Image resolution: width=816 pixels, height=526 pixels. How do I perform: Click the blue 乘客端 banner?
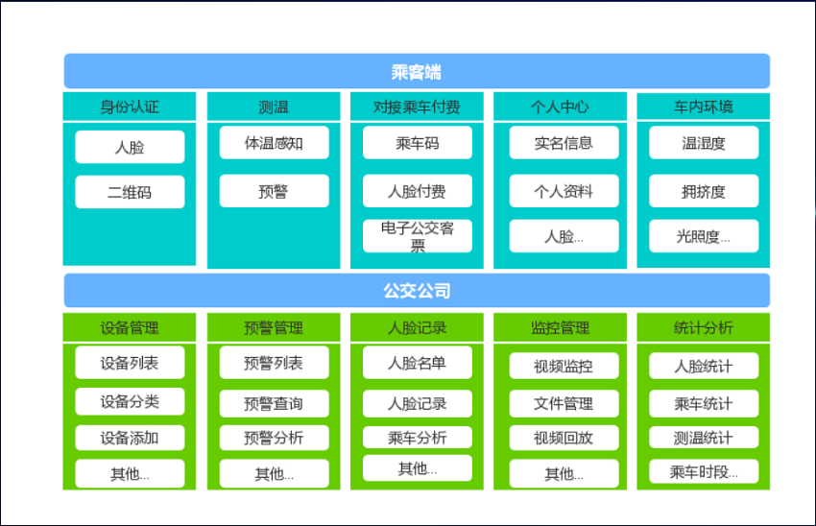tap(417, 71)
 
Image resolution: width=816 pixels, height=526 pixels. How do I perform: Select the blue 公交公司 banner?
tap(417, 290)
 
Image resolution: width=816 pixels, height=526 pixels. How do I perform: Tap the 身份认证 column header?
tap(130, 107)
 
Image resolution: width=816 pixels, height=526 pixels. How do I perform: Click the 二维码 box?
tap(130, 192)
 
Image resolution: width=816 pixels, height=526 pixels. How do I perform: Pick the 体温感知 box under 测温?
tap(275, 143)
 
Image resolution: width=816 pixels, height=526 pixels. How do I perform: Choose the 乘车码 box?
tap(418, 143)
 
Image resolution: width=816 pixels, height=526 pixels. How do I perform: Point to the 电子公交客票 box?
tap(418, 236)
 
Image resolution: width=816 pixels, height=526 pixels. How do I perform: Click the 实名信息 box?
tap(564, 143)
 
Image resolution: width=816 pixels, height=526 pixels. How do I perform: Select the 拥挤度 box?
tap(704, 191)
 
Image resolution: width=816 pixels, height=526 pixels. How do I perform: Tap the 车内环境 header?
tap(704, 107)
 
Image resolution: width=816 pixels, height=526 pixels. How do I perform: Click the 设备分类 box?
tap(130, 401)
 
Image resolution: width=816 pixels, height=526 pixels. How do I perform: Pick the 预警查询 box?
tap(275, 404)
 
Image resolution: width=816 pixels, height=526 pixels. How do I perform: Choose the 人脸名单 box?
tap(418, 363)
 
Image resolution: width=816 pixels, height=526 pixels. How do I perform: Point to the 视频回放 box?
tap(564, 438)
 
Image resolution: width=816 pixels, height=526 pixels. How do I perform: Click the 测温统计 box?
tap(704, 438)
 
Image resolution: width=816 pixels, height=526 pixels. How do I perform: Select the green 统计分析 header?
tap(704, 327)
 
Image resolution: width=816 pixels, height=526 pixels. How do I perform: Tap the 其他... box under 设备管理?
tap(130, 473)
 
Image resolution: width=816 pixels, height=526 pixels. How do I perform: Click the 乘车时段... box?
tap(704, 472)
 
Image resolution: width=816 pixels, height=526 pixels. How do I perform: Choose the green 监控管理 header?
tap(560, 327)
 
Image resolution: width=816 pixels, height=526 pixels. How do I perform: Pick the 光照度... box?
tap(704, 236)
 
